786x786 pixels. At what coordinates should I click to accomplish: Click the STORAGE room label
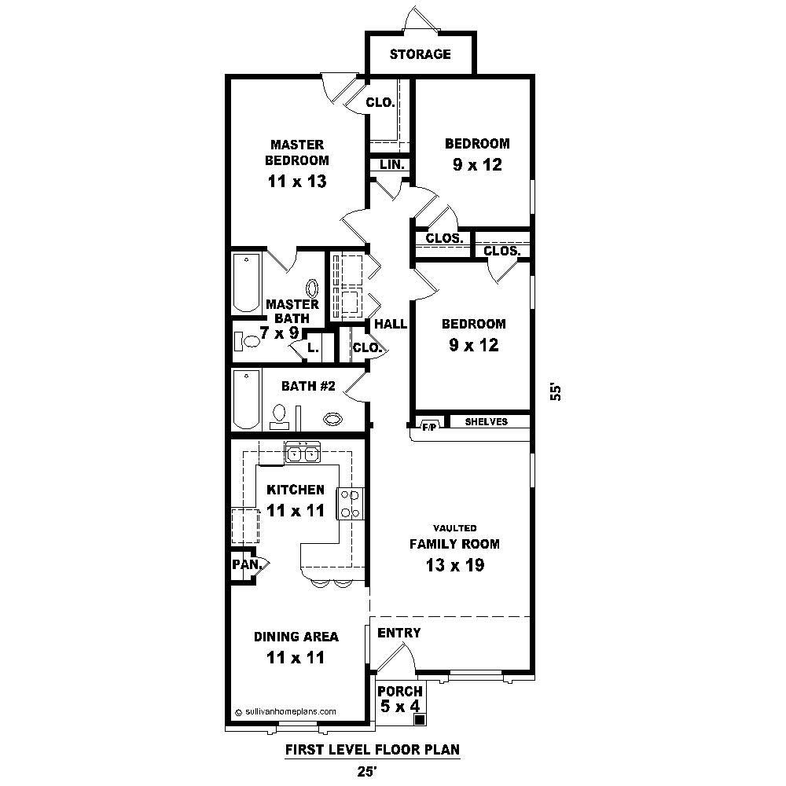coord(421,54)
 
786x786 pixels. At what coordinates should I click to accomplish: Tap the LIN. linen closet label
coord(391,165)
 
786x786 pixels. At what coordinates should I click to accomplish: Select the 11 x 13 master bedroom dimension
coord(297,182)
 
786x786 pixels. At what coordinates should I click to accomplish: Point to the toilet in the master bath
coord(248,341)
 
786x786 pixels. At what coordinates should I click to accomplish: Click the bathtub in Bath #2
coord(247,399)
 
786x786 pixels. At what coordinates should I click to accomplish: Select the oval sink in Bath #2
coord(333,419)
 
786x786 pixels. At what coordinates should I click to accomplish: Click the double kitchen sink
coord(303,453)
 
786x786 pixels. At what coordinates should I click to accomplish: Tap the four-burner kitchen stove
coord(350,503)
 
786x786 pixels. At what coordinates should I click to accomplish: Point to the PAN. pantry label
coord(241,564)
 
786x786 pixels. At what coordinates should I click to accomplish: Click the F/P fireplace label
coord(429,427)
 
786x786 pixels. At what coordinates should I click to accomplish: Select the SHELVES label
coord(487,422)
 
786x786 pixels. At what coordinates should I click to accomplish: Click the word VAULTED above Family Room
coord(454,528)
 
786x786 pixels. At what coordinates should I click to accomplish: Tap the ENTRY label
coord(399,633)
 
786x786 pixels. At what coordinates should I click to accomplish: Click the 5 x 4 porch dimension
coord(400,707)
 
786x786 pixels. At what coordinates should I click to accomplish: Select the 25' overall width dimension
coord(366,771)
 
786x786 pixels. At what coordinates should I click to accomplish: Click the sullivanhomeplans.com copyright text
coord(286,711)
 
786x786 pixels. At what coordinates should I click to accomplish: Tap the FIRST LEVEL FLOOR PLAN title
coord(372,750)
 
